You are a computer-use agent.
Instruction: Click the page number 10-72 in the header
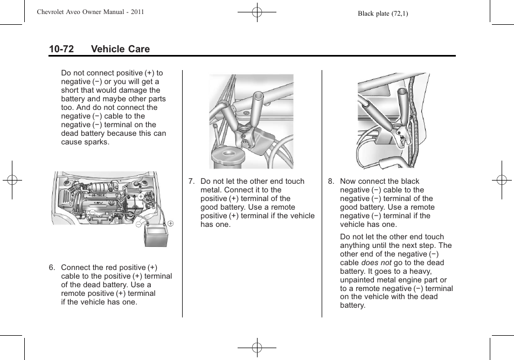[x=61, y=49]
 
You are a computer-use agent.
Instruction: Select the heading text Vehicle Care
[x=120, y=49]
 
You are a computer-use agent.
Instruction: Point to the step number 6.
[x=52, y=268]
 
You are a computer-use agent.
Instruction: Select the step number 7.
[x=191, y=182]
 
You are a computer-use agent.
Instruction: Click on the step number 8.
[x=331, y=182]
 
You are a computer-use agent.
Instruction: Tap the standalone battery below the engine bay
[x=156, y=236]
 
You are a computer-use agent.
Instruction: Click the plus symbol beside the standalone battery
[x=170, y=223]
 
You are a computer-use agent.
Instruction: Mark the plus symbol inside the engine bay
[x=141, y=197]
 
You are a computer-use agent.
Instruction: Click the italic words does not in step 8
[x=376, y=263]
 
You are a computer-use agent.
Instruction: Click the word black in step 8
[x=409, y=182]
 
